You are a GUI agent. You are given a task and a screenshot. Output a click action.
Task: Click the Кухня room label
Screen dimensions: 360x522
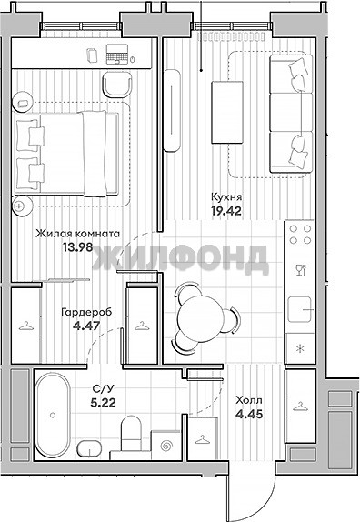(x=226, y=197)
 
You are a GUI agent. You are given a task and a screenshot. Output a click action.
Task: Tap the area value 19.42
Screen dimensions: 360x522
(x=226, y=211)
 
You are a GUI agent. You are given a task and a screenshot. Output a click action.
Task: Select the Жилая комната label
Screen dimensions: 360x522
(x=77, y=234)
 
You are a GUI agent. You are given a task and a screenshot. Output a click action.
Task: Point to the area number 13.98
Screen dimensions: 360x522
(x=77, y=247)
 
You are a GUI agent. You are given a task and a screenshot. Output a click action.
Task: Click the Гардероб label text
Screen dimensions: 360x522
(x=86, y=312)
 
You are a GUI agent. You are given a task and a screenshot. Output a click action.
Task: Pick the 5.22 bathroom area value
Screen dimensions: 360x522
(x=103, y=403)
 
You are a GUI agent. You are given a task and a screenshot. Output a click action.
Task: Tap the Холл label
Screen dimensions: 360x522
(x=249, y=400)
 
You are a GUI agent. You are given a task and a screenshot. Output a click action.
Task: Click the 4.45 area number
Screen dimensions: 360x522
(x=249, y=414)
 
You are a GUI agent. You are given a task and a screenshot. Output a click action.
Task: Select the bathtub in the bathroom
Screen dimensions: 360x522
(x=53, y=415)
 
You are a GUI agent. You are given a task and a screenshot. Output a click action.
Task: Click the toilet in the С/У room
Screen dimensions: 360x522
(x=131, y=433)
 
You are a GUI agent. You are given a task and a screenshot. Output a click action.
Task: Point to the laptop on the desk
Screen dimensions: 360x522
(x=116, y=55)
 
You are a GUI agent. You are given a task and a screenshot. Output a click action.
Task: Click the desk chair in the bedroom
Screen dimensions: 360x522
(x=117, y=85)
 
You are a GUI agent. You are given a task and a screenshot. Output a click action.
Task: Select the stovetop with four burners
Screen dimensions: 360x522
(x=300, y=235)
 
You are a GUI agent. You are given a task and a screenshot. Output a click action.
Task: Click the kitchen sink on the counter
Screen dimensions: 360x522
(x=300, y=310)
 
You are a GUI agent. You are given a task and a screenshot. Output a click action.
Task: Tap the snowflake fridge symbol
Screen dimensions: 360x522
(x=300, y=349)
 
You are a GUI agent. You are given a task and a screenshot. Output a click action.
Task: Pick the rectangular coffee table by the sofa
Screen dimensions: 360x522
(x=227, y=113)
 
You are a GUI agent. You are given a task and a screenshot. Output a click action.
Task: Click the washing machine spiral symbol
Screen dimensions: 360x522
(x=165, y=446)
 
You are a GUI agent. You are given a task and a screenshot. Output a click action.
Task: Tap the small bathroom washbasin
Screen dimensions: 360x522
(x=89, y=448)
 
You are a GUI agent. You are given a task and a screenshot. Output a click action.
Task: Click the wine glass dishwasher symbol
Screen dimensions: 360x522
(x=300, y=270)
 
